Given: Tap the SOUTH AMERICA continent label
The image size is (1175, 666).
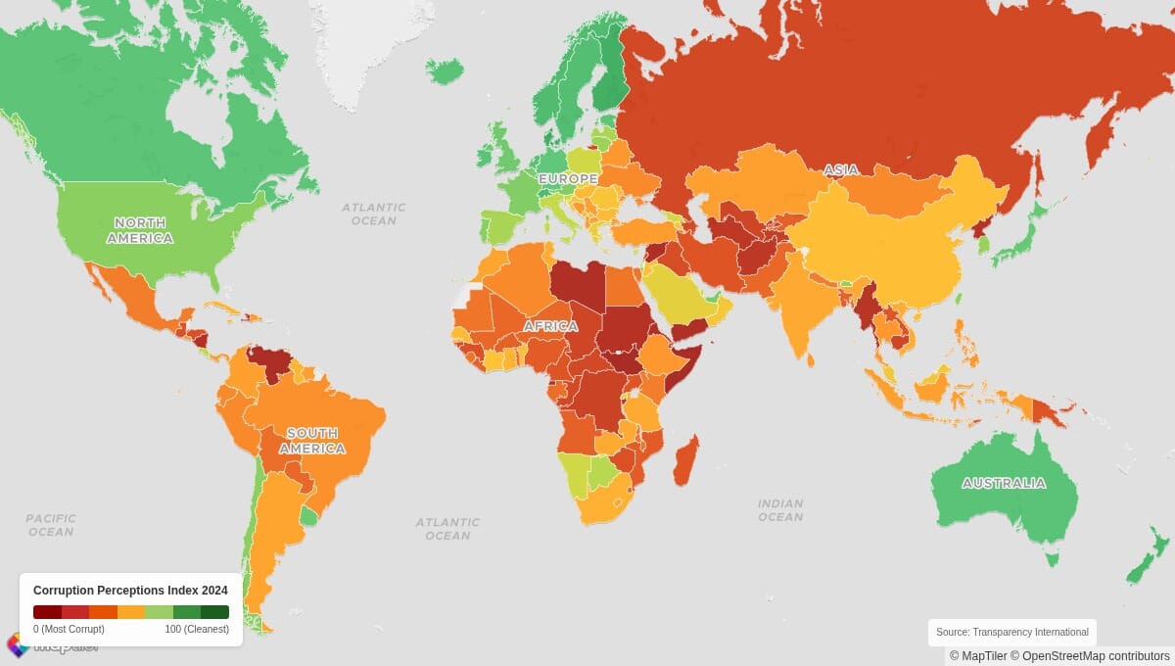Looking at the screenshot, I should [311, 441].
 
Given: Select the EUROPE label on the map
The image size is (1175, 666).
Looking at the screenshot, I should [568, 179].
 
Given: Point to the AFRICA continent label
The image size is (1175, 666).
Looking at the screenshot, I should [549, 326].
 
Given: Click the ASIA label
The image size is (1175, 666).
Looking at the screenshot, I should [840, 170].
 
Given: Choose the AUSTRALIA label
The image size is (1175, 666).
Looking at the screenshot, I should [1003, 483].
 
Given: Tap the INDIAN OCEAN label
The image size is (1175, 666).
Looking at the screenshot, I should [780, 509].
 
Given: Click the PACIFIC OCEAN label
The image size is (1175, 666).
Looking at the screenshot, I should [50, 525].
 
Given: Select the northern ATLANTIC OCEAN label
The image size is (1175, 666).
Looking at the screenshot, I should [373, 214].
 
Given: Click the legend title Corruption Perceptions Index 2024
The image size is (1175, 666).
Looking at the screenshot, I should [130, 591].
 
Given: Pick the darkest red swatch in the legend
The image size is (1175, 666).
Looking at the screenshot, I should [47, 612].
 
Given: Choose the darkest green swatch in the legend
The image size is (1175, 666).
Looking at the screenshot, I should [214, 612].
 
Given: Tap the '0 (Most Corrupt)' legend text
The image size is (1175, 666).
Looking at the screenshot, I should [69, 629].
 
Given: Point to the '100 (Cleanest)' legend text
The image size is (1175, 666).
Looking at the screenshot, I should [197, 629].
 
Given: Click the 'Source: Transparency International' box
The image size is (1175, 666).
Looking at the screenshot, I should [1011, 632].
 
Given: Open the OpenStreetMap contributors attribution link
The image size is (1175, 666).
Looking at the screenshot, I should [1096, 656].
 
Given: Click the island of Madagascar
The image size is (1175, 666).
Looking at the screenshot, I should [686, 460].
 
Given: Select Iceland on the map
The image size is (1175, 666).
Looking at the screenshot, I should [445, 71].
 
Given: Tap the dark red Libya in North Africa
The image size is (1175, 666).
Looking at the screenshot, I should [578, 284].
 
